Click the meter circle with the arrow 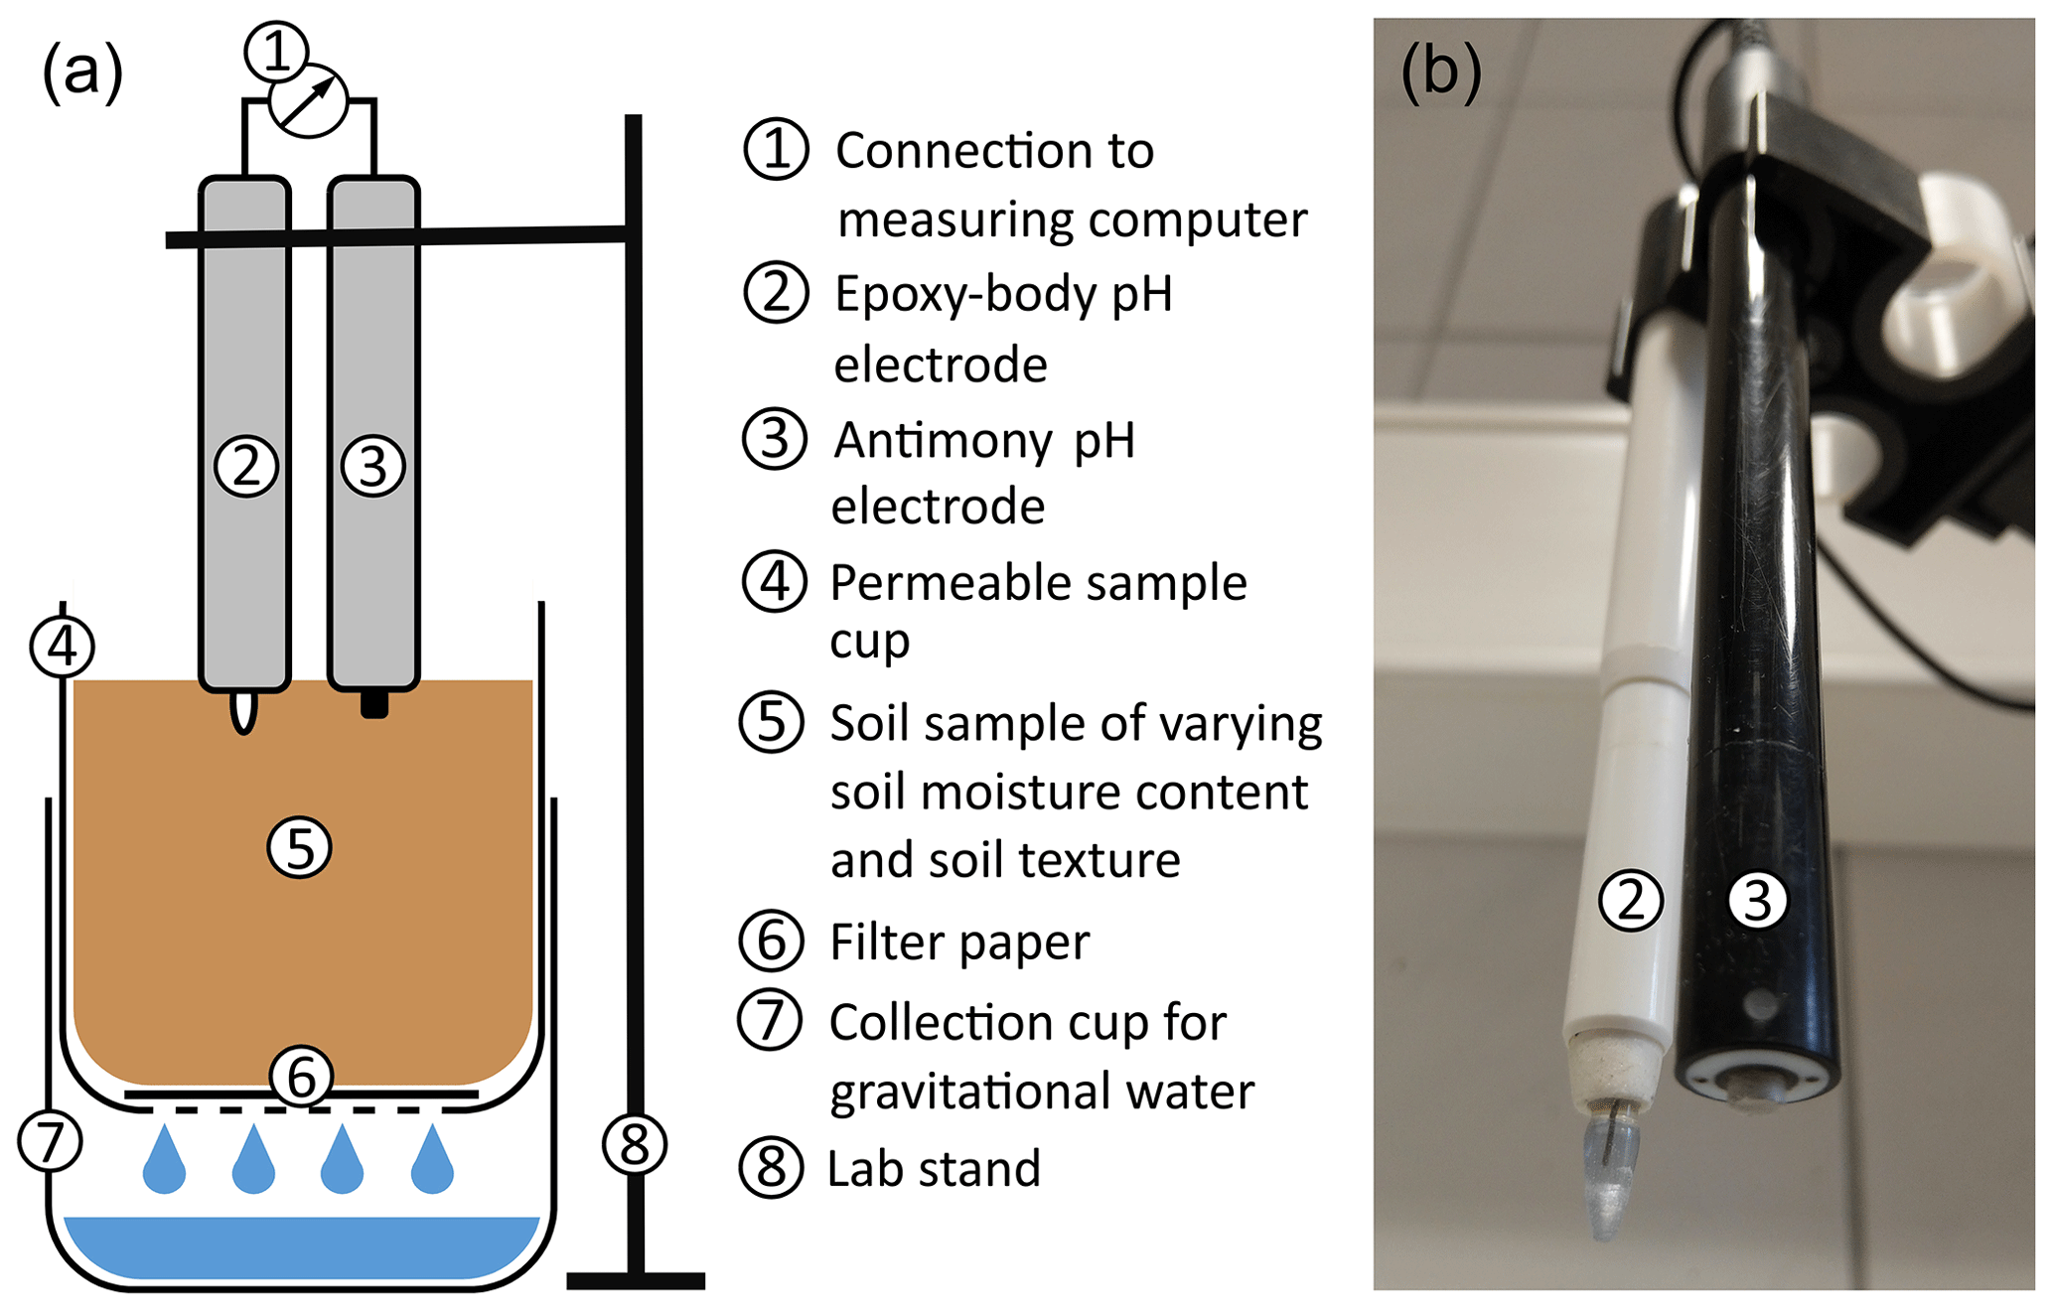pyautogui.click(x=309, y=100)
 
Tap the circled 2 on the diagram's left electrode pyautogui.click(x=246, y=466)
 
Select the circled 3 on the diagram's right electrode pyautogui.click(x=372, y=466)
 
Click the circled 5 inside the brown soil pyautogui.click(x=299, y=847)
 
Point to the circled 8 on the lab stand pyautogui.click(x=635, y=1144)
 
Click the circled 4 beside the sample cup pyautogui.click(x=63, y=647)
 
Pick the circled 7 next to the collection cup pyautogui.click(x=51, y=1141)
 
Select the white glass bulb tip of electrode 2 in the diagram pyautogui.click(x=243, y=712)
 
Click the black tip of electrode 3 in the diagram pyautogui.click(x=374, y=704)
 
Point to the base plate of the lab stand pyautogui.click(x=636, y=1281)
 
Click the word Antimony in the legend pyautogui.click(x=943, y=440)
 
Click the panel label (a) pyautogui.click(x=82, y=73)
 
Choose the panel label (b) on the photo pyautogui.click(x=1441, y=73)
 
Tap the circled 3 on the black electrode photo pyautogui.click(x=1757, y=901)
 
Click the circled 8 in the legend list pyautogui.click(x=771, y=1168)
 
